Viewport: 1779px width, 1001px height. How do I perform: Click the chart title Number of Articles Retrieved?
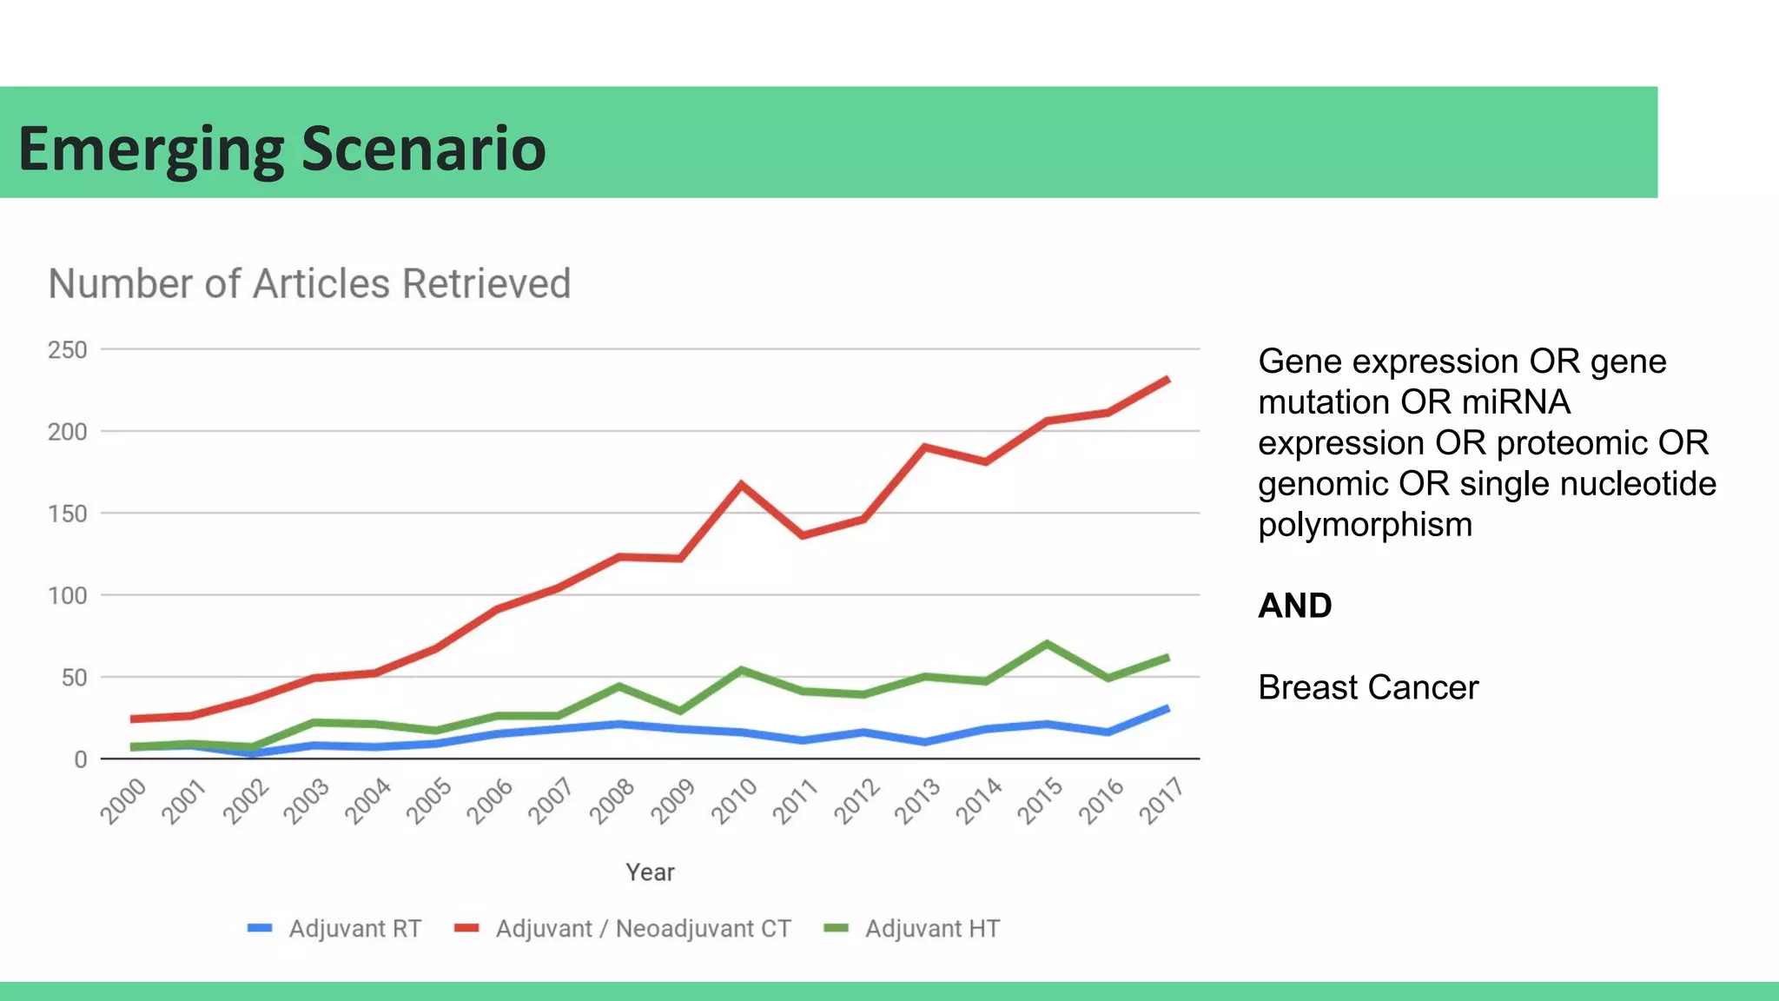(309, 284)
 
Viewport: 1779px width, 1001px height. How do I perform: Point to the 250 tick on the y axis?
(68, 350)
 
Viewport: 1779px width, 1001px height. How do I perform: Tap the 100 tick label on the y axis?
(68, 596)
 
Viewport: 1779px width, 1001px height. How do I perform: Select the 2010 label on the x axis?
(735, 800)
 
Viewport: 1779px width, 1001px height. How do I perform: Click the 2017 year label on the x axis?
(1162, 800)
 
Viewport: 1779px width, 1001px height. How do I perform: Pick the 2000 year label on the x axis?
(123, 800)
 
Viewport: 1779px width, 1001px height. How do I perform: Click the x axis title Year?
(650, 872)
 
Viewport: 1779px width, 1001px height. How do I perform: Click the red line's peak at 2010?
(741, 484)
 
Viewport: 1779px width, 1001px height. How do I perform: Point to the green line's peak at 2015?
(1047, 644)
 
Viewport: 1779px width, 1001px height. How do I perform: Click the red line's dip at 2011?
(802, 535)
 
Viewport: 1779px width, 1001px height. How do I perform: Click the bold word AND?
(1294, 606)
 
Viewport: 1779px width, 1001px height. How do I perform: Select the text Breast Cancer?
(1367, 687)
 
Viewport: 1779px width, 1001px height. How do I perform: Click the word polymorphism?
(1365, 525)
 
